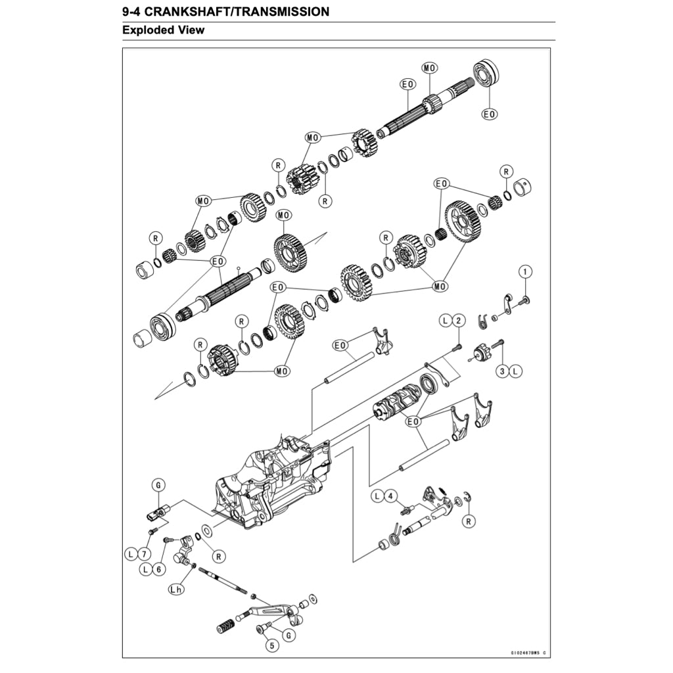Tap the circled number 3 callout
pyautogui.click(x=502, y=371)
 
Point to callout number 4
pyautogui.click(x=390, y=496)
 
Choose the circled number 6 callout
pyautogui.click(x=158, y=569)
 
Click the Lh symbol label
pyautogui.click(x=175, y=590)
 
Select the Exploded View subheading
pyautogui.click(x=163, y=30)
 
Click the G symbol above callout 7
pyautogui.click(x=158, y=485)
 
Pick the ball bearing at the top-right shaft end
pyautogui.click(x=487, y=74)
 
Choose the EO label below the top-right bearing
pyautogui.click(x=489, y=114)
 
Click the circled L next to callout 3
pyautogui.click(x=515, y=371)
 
